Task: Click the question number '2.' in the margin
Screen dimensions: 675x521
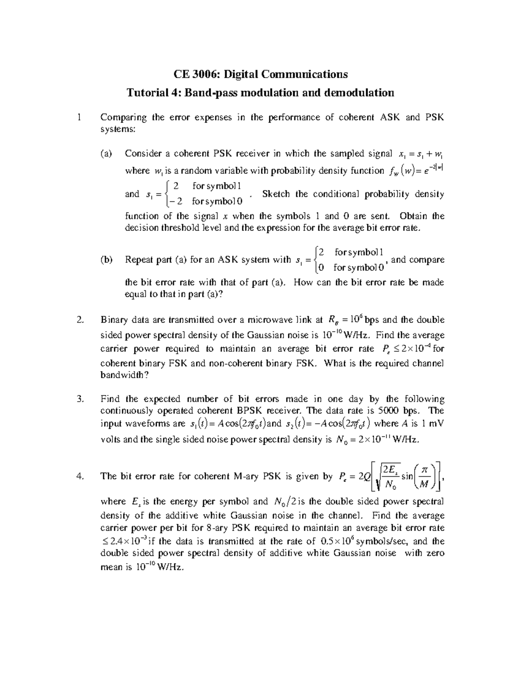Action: (79, 320)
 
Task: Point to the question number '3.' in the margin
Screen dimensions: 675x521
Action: (79, 399)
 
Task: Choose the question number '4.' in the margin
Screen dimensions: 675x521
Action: (79, 476)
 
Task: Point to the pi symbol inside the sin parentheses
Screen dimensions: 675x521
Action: (425, 470)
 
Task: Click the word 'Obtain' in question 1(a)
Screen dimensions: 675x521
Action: (414, 216)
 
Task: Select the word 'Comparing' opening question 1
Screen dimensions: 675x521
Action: (124, 117)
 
